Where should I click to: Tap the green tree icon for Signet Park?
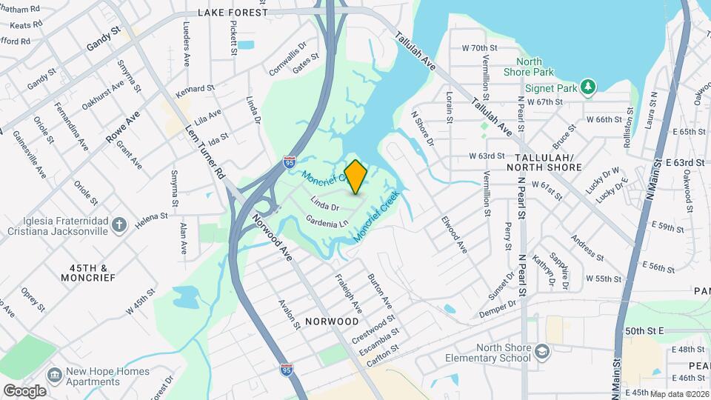pos(588,87)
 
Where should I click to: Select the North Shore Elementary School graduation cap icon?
pos(543,351)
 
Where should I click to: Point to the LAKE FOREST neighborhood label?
pos(233,13)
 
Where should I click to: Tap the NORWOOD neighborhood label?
pos(331,321)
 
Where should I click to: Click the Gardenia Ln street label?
pos(327,220)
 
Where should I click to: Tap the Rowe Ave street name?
pos(123,127)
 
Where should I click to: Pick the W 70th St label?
pos(488,47)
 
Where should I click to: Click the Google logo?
pos(24,390)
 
